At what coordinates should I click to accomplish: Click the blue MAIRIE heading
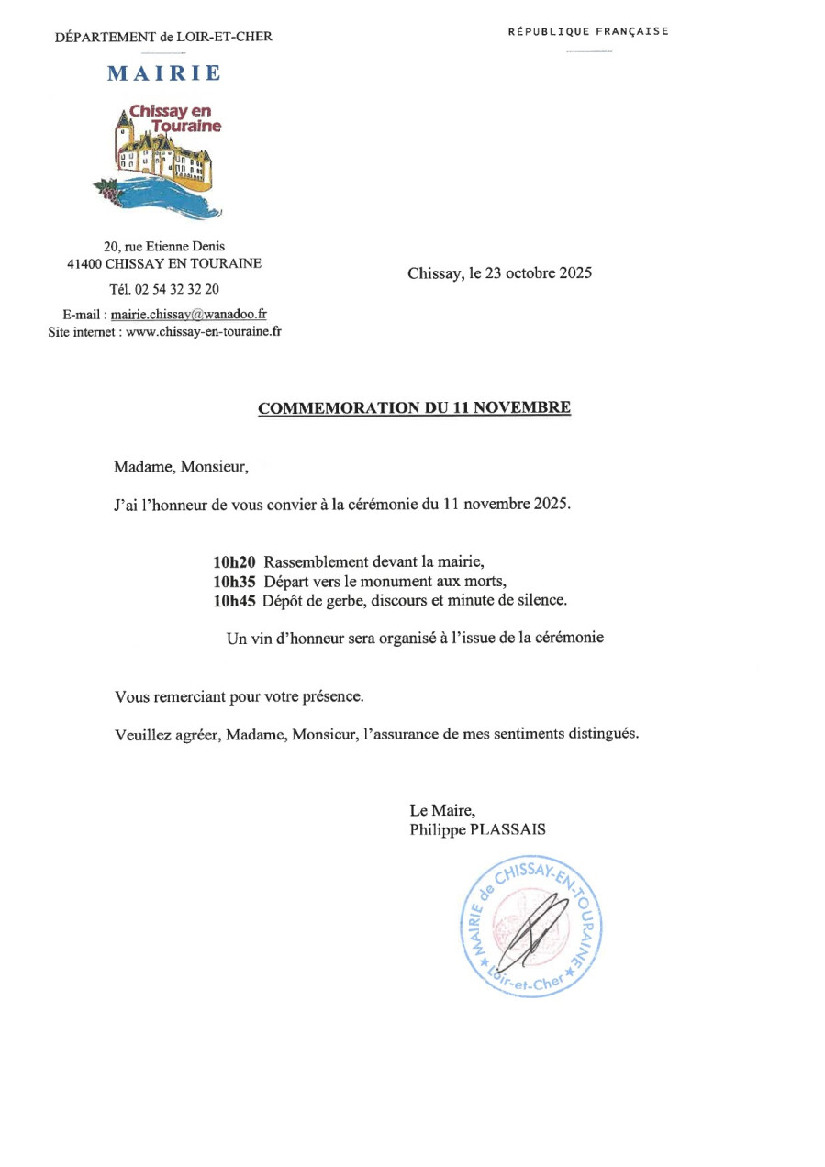[x=163, y=73]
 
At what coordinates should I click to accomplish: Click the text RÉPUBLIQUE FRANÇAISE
[x=588, y=31]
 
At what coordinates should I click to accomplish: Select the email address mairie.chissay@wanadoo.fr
[x=189, y=314]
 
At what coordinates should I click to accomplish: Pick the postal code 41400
[x=84, y=263]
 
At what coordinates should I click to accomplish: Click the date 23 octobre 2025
[x=542, y=272]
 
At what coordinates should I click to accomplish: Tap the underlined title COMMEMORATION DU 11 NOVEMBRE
[x=414, y=408]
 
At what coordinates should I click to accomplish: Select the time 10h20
[x=234, y=561]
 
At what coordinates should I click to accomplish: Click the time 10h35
[x=234, y=582]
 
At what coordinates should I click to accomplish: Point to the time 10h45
[x=234, y=602]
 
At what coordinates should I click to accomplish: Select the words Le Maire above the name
[x=441, y=810]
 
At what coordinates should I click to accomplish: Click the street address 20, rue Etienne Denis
[x=164, y=246]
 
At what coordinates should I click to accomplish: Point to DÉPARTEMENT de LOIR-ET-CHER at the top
[x=163, y=37]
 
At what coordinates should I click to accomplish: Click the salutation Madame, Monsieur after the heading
[x=181, y=466]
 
